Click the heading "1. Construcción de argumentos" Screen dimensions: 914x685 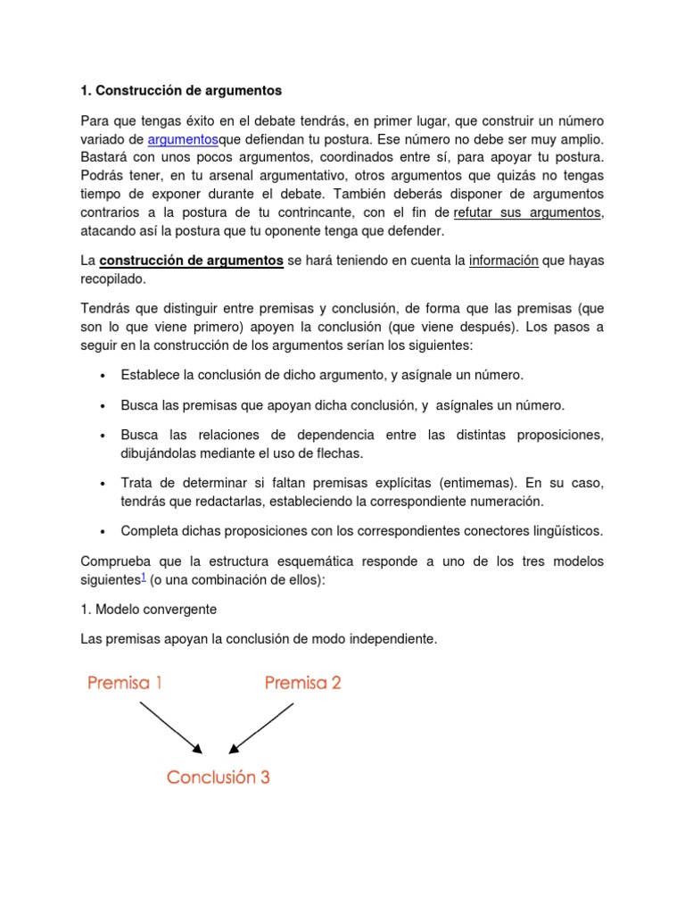(x=181, y=90)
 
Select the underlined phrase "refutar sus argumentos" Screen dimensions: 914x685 (x=528, y=212)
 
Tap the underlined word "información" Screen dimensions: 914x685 (x=504, y=261)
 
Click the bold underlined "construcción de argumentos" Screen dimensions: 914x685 (x=192, y=261)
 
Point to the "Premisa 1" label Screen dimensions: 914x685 (x=125, y=684)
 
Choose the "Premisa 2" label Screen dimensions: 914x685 (x=303, y=684)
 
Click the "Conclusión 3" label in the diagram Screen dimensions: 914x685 (x=219, y=777)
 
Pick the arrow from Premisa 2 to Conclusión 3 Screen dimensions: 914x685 (x=261, y=727)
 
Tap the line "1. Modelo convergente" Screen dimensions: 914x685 (x=149, y=609)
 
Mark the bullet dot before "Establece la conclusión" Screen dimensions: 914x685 (x=103, y=376)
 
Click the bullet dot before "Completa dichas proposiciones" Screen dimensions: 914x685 (x=103, y=532)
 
